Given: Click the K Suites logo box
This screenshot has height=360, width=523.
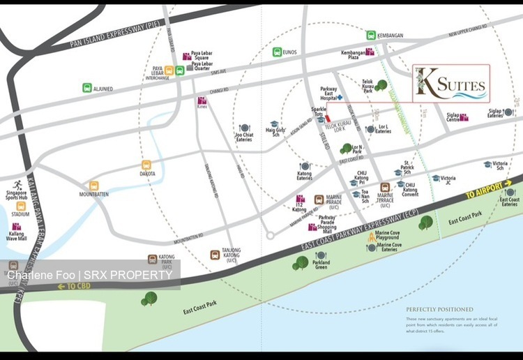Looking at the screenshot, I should tap(450, 84).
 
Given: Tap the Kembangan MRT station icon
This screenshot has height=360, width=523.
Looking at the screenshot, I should tap(371, 35).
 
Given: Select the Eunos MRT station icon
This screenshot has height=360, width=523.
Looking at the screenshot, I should tap(277, 52).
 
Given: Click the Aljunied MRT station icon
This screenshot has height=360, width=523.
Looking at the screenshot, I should tap(87, 88).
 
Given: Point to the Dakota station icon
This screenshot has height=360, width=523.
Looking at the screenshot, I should tap(146, 165).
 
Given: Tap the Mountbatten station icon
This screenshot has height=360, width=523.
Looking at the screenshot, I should tap(94, 185).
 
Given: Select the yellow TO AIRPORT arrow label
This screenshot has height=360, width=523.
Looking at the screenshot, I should tap(489, 192).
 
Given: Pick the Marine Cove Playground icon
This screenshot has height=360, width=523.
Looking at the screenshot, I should tap(372, 239).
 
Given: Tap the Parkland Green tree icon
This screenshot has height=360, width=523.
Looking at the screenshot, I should tap(301, 262).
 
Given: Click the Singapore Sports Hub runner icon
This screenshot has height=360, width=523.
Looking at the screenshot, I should tap(27, 184).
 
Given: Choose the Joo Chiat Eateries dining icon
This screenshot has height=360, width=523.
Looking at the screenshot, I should tap(244, 128).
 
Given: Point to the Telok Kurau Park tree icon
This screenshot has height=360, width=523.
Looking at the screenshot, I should tap(381, 85).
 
